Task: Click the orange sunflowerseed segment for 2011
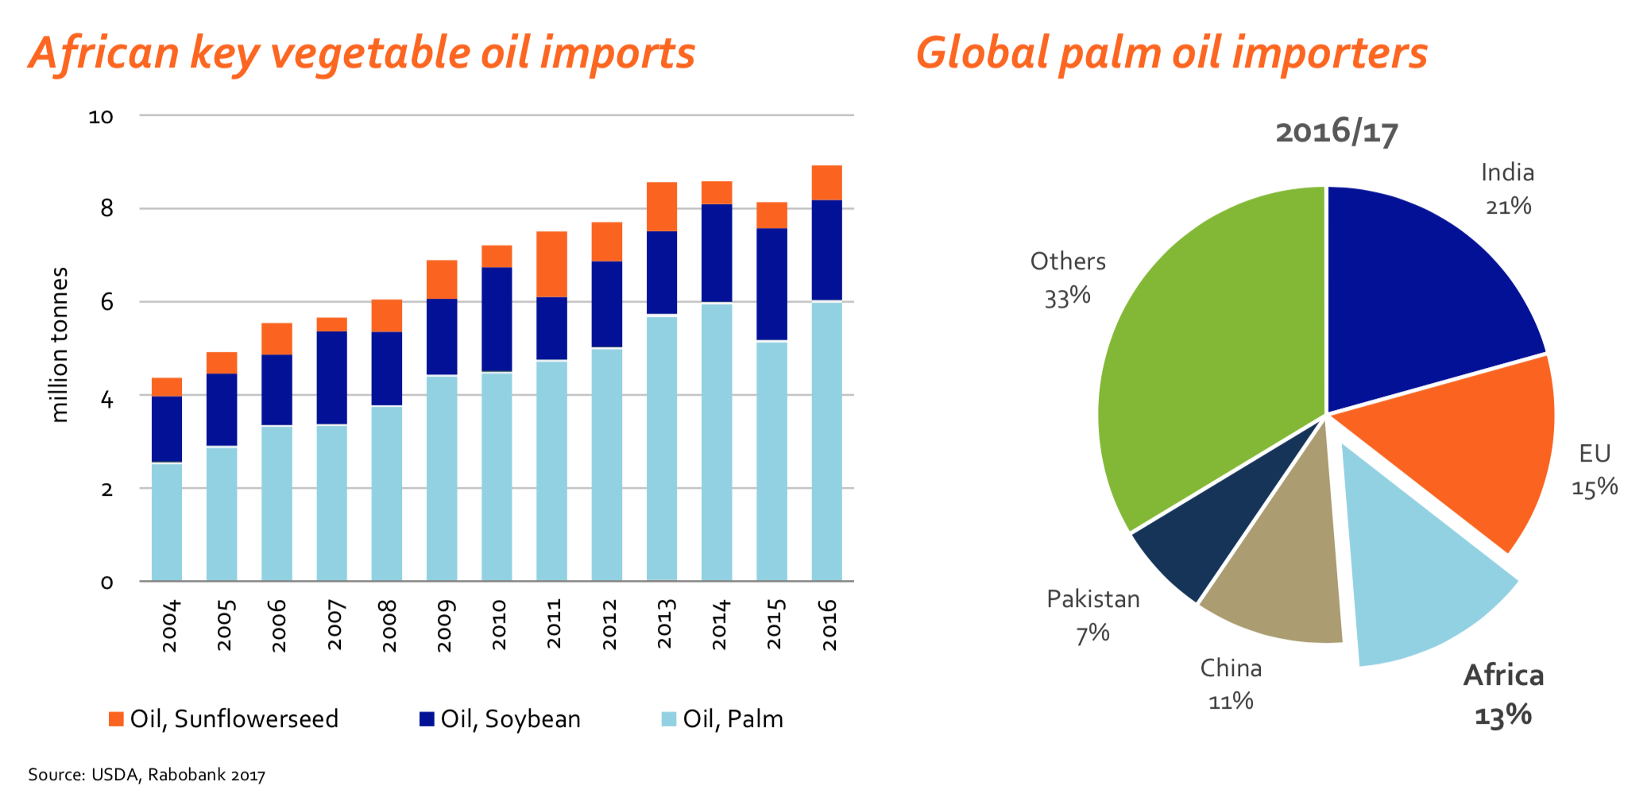[x=551, y=264]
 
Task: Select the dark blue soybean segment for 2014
[x=717, y=253]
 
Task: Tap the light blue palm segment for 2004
[x=167, y=521]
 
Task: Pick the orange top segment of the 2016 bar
[x=826, y=183]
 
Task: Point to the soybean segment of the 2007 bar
[x=331, y=377]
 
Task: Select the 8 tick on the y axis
[x=106, y=209]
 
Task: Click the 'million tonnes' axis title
[x=60, y=344]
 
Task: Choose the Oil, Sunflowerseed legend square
[x=116, y=719]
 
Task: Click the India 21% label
[x=1507, y=189]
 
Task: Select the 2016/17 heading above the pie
[x=1336, y=132]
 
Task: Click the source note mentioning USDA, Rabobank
[x=147, y=775]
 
